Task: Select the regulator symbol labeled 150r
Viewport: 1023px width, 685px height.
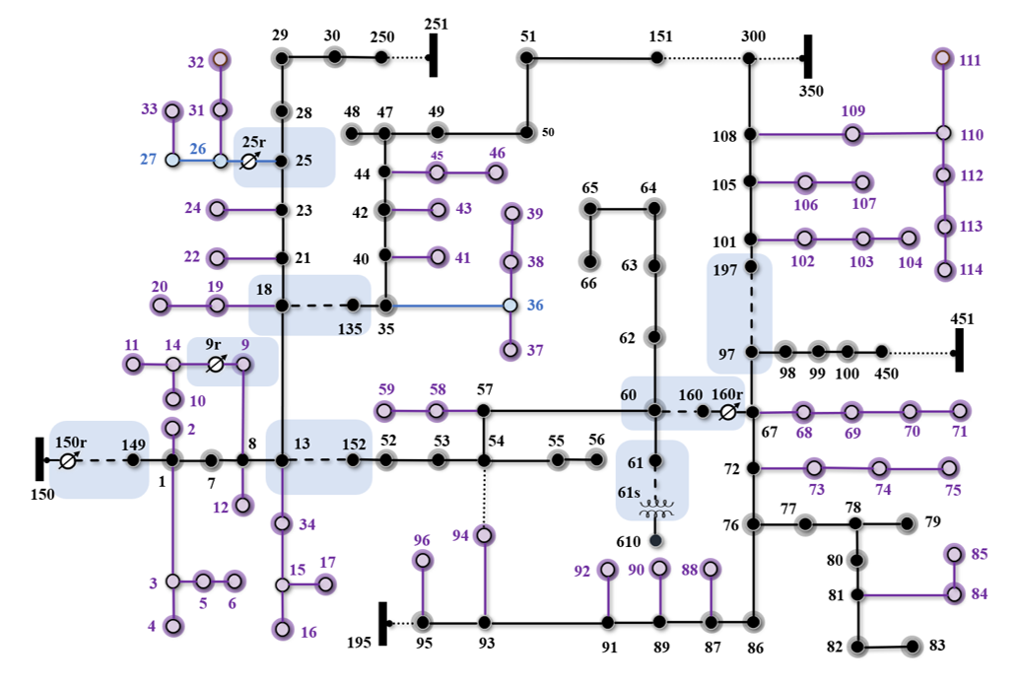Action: tap(68, 460)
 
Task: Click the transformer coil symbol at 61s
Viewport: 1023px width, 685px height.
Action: tap(655, 510)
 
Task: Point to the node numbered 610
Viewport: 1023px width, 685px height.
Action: tap(655, 541)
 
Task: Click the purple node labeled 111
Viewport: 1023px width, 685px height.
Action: tap(943, 59)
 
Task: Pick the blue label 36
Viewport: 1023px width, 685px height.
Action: tap(534, 306)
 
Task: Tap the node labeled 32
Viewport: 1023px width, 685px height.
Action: tap(221, 61)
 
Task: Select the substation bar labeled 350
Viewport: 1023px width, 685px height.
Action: tap(807, 58)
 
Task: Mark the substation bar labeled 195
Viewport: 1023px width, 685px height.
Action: tap(383, 623)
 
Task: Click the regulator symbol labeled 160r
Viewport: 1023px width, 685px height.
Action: tap(728, 412)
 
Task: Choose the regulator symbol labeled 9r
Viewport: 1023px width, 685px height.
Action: tap(216, 365)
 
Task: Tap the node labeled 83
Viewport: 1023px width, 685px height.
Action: tap(913, 647)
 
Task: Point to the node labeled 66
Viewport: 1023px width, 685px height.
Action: tap(589, 261)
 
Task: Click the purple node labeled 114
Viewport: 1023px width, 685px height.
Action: tap(944, 269)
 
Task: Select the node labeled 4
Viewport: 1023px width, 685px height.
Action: tap(173, 625)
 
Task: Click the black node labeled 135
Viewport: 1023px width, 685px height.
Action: tap(353, 306)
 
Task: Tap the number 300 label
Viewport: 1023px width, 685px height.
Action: tap(753, 36)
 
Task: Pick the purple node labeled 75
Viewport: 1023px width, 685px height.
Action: tap(948, 468)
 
